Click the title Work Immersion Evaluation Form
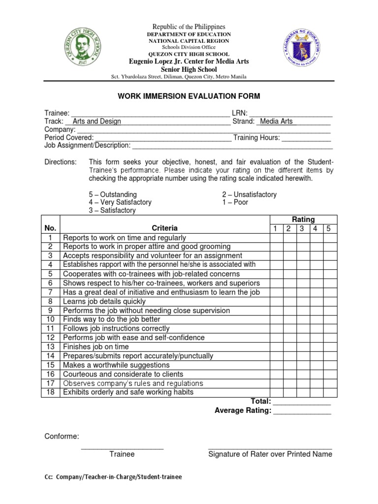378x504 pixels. (189, 96)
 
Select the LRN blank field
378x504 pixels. (292, 114)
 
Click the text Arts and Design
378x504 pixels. (96, 122)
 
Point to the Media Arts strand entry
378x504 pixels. (276, 122)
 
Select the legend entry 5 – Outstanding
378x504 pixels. (113, 194)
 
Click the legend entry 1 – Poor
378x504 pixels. (235, 202)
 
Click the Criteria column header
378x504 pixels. (164, 228)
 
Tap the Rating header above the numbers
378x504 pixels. (303, 220)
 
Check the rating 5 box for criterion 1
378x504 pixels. (330, 238)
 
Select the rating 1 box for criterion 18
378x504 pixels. (276, 392)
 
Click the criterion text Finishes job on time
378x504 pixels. (96, 347)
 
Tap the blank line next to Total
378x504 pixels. (302, 402)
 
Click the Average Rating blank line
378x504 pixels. (302, 411)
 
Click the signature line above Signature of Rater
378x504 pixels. (270, 448)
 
